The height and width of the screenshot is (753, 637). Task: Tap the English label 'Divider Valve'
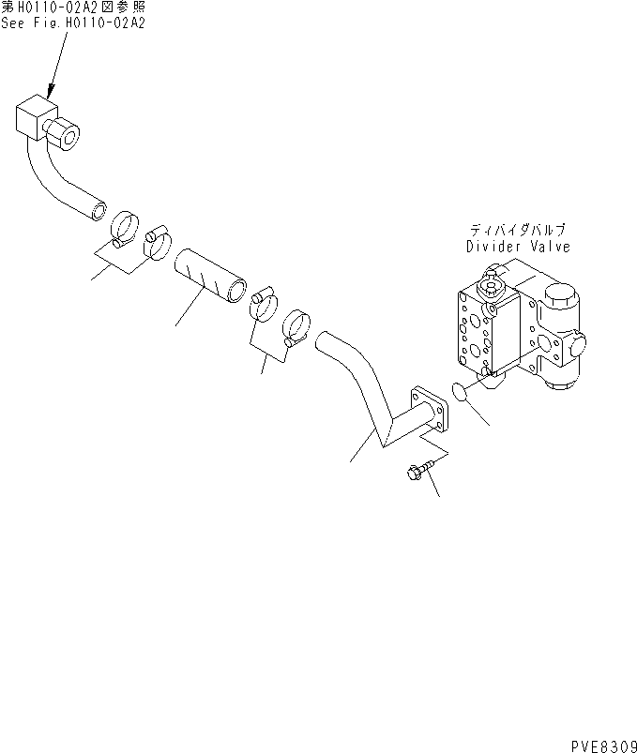518,247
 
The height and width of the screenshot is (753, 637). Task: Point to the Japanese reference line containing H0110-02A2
72,7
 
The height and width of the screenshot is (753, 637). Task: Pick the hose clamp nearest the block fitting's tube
126,228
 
